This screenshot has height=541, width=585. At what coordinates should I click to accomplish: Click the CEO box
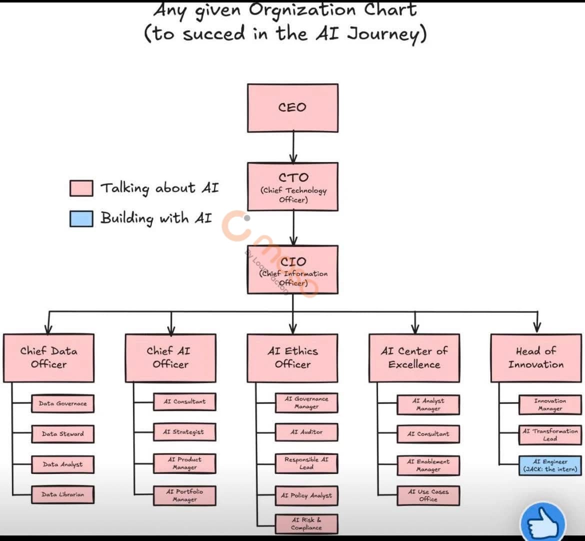pyautogui.click(x=292, y=108)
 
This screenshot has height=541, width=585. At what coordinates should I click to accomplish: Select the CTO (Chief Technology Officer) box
pyautogui.click(x=293, y=187)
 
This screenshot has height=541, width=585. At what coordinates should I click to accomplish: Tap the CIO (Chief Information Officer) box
pyautogui.click(x=292, y=269)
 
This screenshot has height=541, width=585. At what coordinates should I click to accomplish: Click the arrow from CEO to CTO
pyautogui.click(x=293, y=147)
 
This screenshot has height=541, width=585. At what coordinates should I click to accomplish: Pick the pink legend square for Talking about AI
pyautogui.click(x=81, y=188)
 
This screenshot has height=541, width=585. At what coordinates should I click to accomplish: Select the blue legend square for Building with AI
pyautogui.click(x=81, y=219)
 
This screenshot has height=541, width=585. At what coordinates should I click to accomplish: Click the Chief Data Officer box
pyautogui.click(x=49, y=358)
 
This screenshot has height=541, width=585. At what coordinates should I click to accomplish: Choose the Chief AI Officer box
pyautogui.click(x=170, y=358)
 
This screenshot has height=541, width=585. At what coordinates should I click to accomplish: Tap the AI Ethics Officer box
pyautogui.click(x=293, y=358)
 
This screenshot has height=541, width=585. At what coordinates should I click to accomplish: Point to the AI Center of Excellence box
pyautogui.click(x=414, y=358)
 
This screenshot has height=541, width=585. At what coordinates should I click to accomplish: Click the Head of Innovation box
pyautogui.click(x=536, y=358)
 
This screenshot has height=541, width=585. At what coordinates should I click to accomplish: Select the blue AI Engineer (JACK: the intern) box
pyautogui.click(x=550, y=465)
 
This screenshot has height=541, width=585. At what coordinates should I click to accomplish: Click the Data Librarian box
pyautogui.click(x=63, y=494)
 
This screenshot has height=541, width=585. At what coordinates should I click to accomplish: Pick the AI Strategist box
pyautogui.click(x=184, y=432)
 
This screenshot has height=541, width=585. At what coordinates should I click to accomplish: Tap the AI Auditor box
pyautogui.click(x=306, y=432)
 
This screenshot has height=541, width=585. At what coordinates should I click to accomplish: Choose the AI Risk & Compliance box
pyautogui.click(x=306, y=524)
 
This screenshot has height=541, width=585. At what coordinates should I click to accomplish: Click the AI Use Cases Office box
pyautogui.click(x=428, y=495)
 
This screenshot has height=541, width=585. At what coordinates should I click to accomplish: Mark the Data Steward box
pyautogui.click(x=63, y=434)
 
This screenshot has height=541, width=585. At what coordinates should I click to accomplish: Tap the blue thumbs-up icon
pyautogui.click(x=543, y=522)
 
